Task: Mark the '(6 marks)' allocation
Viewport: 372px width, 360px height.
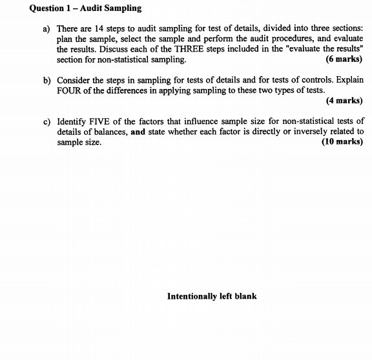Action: pyautogui.click(x=344, y=59)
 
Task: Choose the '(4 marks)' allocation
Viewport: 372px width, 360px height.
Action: pyautogui.click(x=344, y=100)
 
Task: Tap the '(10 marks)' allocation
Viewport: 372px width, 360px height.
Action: pyautogui.click(x=342, y=142)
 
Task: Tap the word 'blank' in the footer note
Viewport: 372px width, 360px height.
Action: pyautogui.click(x=245, y=296)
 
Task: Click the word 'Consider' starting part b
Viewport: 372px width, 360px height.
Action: pyautogui.click(x=74, y=80)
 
